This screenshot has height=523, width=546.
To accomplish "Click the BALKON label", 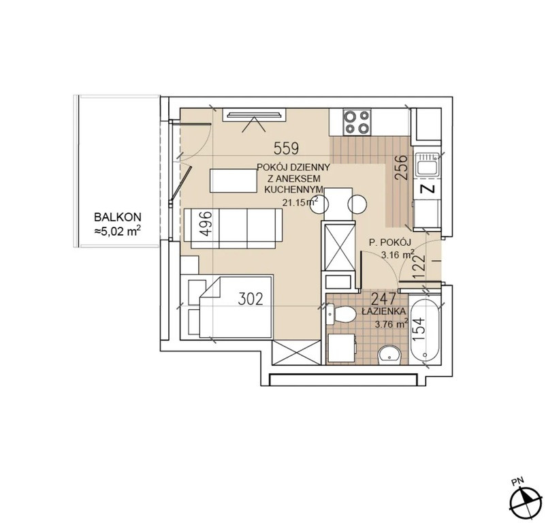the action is point(118,217).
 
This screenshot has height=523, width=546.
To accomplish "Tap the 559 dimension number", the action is point(286,148).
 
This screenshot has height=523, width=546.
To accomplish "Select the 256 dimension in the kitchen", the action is point(402,167).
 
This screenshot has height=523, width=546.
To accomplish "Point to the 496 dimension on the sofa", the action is point(206,223).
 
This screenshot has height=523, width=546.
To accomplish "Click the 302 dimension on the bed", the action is point(251,299).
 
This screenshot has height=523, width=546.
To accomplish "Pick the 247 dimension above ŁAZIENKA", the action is point(384,299).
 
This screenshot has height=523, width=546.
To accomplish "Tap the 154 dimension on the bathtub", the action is point(419,329).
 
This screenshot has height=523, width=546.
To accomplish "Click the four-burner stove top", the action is point(357,122).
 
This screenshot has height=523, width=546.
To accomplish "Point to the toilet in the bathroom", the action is point(342,314).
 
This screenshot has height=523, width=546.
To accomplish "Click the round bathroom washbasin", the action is point(389,355).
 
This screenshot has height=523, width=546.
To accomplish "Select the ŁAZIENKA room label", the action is point(383,312).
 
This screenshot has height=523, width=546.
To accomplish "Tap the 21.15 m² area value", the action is point(300,202).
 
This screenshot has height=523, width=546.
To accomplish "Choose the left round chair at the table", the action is point(319,205).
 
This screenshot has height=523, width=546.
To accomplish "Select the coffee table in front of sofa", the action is point(234,180).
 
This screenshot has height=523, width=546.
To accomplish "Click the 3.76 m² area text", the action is point(391,325).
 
